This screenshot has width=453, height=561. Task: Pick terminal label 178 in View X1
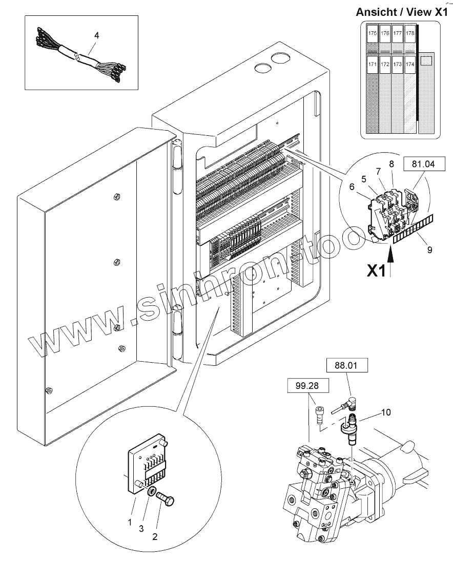pyautogui.click(x=409, y=33)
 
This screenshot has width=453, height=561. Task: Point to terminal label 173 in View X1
pyautogui.click(x=397, y=65)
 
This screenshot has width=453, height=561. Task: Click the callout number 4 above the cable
pyautogui.click(x=96, y=35)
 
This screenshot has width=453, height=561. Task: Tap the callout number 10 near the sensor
pyautogui.click(x=385, y=411)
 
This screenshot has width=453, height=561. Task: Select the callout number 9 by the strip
pyautogui.click(x=429, y=250)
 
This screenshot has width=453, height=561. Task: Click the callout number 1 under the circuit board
pyautogui.click(x=130, y=522)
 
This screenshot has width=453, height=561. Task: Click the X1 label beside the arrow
pyautogui.click(x=376, y=270)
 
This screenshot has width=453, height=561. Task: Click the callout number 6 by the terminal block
pyautogui.click(x=352, y=188)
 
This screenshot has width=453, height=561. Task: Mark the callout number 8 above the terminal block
pyautogui.click(x=391, y=164)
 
